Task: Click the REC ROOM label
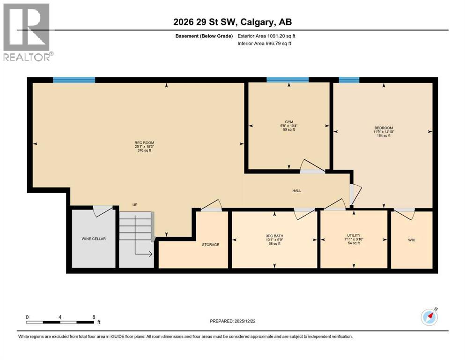coord(144,142)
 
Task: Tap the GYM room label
coord(288,121)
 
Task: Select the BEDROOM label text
coord(384,128)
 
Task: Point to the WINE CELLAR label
coord(94,239)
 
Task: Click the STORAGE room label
coord(210,245)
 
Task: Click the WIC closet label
coord(411,240)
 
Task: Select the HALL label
coord(296,191)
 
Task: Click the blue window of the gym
coord(288,80)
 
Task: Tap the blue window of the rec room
coord(74,80)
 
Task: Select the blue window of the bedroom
coord(348,80)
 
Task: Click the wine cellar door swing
coord(103,211)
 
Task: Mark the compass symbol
coord(429,317)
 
